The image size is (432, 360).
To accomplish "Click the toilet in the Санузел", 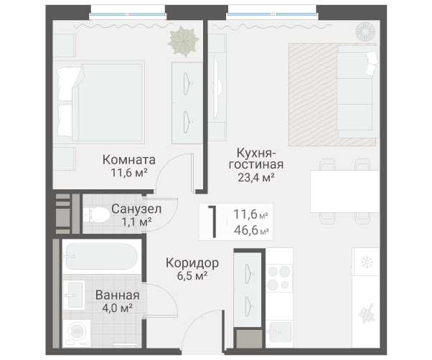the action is tap(96, 214).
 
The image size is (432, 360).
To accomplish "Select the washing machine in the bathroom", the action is tap(77, 333).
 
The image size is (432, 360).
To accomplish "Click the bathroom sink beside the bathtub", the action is tap(74, 295).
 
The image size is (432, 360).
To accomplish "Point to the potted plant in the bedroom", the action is tap(184, 42).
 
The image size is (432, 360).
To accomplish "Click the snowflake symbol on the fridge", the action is tap(367, 262).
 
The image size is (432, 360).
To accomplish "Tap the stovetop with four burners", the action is tap(279, 278).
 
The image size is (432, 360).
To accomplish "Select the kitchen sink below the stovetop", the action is tap(280, 331).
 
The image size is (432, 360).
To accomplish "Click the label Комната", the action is tap(129, 160).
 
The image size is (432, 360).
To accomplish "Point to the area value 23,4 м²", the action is tap(256, 178).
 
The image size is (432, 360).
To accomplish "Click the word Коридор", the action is tap(192, 263).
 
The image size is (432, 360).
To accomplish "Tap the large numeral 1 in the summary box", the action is tap(213, 222).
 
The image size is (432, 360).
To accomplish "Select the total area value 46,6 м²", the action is tap(251, 229).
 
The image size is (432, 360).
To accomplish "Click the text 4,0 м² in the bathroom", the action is tap(118, 308).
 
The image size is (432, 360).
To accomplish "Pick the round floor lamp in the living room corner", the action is tap(365, 32).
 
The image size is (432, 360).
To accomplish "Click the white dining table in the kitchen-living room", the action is tap(345, 191).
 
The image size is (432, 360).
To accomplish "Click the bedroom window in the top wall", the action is tap(128, 13).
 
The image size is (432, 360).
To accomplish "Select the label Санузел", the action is tap(136, 209).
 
